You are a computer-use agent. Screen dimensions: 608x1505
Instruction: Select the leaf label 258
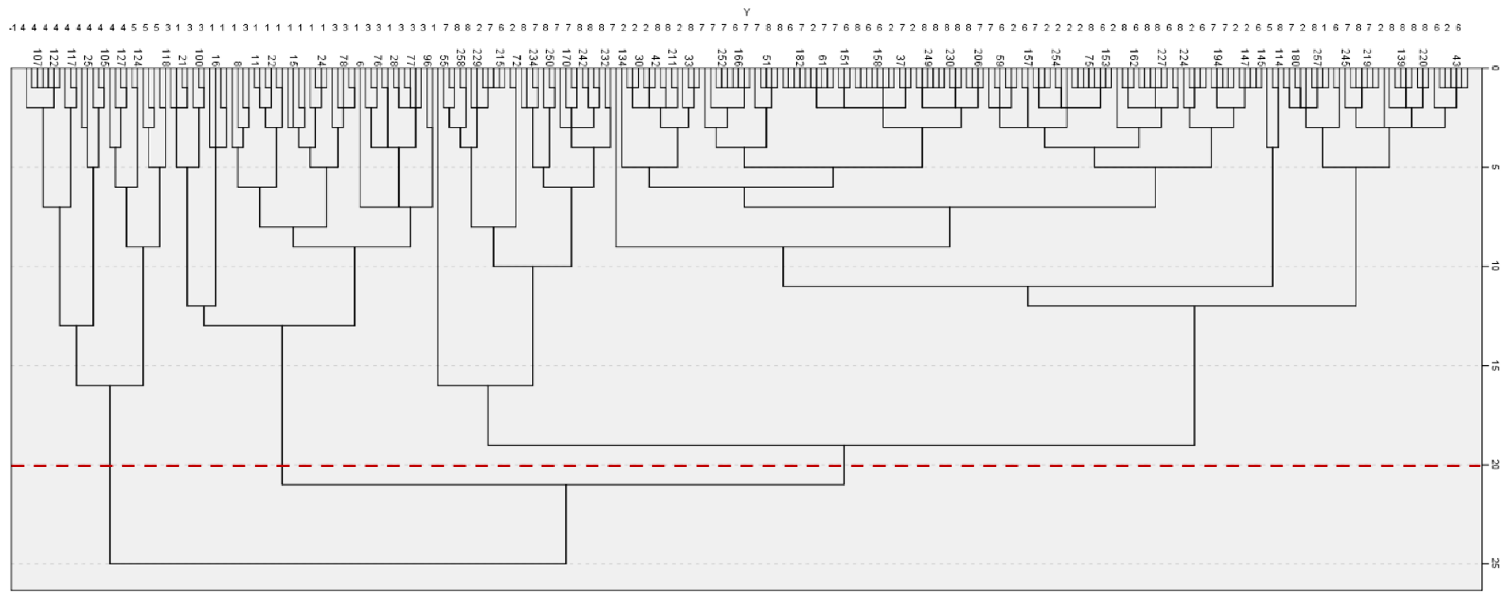coord(460,57)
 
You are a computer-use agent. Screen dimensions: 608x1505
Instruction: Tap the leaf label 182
coord(799,57)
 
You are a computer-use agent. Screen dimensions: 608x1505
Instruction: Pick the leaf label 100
coord(199,57)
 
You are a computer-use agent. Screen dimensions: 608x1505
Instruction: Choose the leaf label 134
coord(622,57)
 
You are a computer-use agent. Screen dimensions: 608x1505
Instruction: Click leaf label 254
coord(1055,57)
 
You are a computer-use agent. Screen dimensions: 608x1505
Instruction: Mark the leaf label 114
coord(1278,57)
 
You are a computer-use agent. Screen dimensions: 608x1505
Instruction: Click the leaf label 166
coord(738,57)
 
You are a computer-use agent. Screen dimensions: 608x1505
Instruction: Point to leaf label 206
coord(977,57)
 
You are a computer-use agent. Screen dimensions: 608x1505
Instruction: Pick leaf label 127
coord(121,57)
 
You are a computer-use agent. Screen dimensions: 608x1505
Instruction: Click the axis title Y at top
coord(747,12)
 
